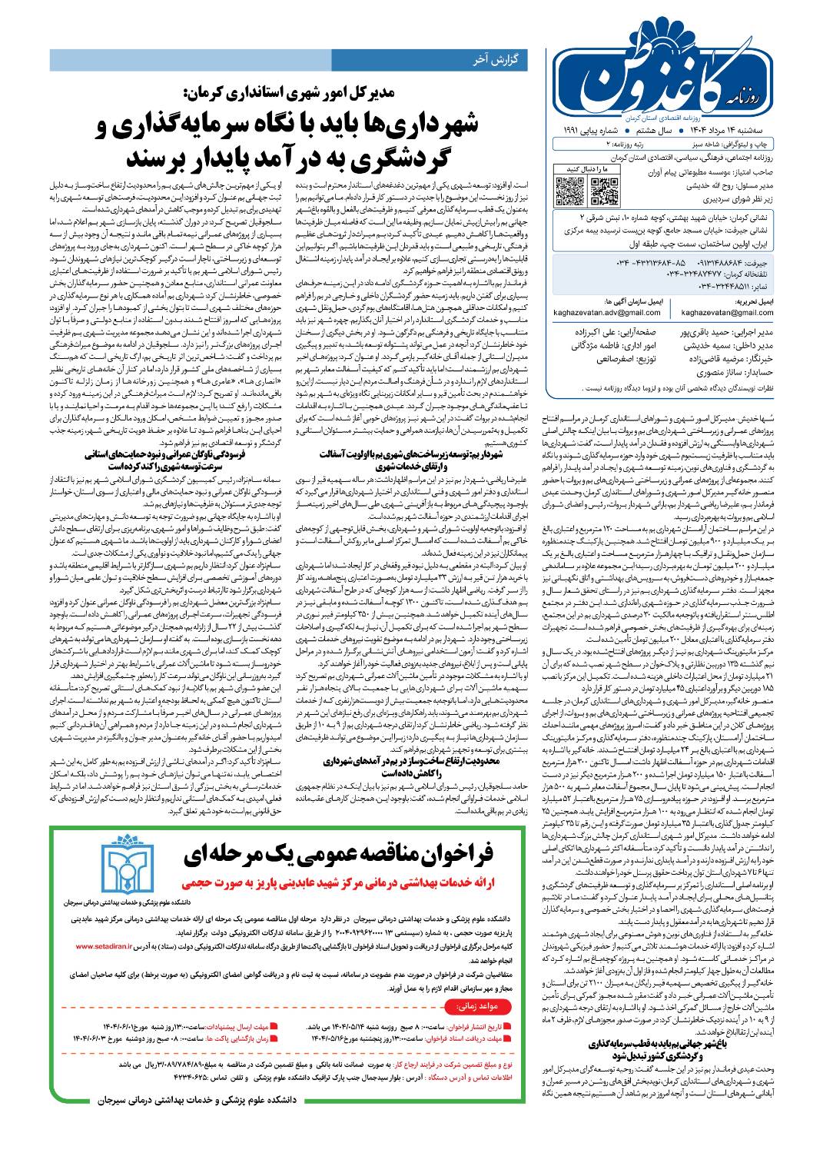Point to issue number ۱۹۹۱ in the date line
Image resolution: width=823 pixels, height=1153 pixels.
(x=576, y=129)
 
